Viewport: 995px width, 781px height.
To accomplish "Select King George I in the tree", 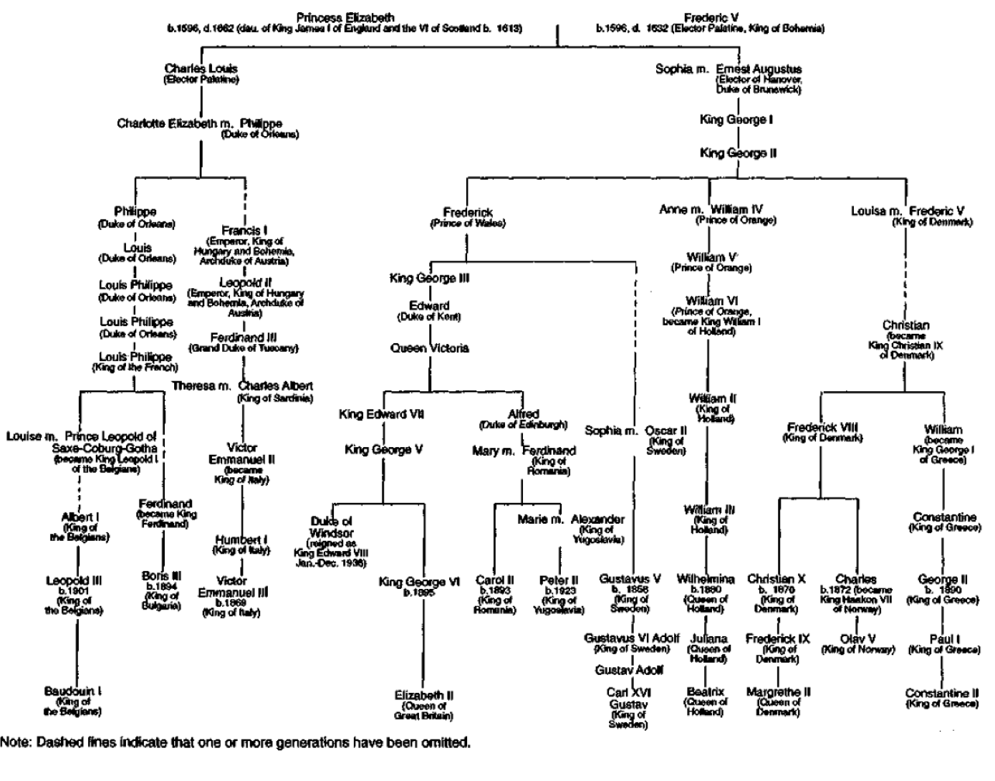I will tap(736, 120).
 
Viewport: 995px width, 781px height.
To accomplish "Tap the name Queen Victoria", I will tap(429, 348).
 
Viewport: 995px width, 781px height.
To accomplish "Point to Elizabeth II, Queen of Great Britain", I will tap(423, 696).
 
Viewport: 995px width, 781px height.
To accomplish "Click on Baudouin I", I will tap(72, 691).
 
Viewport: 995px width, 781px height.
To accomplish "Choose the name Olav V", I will tap(858, 638).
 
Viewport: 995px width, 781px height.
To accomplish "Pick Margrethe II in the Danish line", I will tap(778, 692).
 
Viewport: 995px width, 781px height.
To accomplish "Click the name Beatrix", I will tap(706, 692).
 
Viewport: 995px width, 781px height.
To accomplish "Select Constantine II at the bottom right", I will tap(941, 693).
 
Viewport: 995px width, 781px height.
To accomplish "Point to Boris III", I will tap(161, 576).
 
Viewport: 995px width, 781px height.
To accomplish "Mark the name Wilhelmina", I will tap(706, 578).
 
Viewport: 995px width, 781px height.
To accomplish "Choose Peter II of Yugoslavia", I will tap(559, 580).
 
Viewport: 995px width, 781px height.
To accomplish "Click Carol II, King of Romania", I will tap(494, 580).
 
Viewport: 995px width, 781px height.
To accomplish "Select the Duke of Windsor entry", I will tap(331, 527).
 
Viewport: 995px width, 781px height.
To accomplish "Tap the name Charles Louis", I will tap(201, 69).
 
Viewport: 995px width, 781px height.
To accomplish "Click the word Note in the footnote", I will tap(14, 742).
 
